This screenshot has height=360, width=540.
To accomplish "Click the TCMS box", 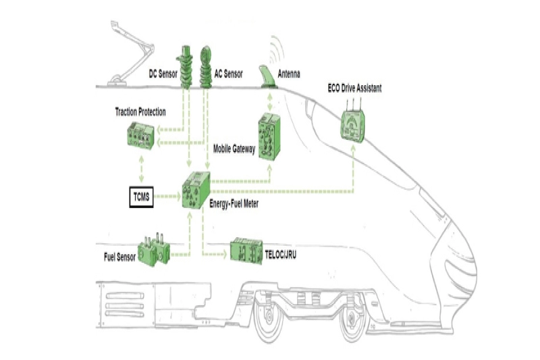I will pos(142,198).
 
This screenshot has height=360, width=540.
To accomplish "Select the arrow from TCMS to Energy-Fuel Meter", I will pos(167,198).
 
